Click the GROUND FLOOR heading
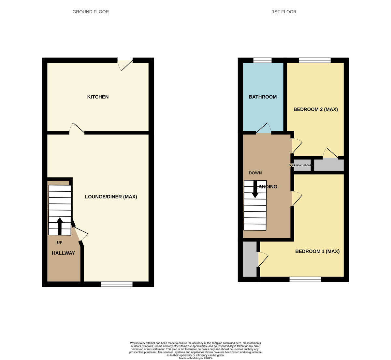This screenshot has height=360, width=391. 91,12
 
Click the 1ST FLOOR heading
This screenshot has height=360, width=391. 284,12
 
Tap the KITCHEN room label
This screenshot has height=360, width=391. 98,97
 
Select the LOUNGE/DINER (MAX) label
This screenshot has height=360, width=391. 111,197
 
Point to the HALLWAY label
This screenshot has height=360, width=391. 63,253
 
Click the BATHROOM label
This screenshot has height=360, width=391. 263,97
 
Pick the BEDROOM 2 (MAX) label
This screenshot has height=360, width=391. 315,109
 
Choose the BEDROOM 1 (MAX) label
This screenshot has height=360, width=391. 317,251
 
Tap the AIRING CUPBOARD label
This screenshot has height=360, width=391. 301,166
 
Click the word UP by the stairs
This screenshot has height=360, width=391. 60,242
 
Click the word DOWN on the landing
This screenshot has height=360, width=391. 255,173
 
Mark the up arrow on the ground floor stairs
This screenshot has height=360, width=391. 60,226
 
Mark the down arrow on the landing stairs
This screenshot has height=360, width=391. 255,189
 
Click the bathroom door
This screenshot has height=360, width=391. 263,128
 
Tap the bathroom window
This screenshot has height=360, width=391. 262,60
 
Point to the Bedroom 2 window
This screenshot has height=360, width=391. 315,60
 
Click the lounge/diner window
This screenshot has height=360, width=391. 117,284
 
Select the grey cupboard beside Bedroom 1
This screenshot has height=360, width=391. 250,259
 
